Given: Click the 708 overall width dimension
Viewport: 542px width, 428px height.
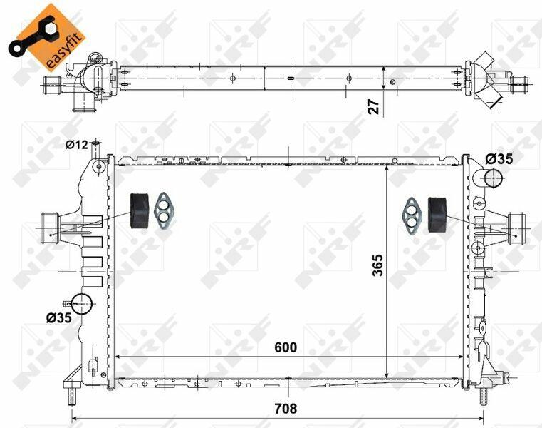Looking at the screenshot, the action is [x=286, y=409].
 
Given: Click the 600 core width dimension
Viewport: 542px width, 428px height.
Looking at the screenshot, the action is [x=286, y=347].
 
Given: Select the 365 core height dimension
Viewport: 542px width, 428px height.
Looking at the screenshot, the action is [x=378, y=265].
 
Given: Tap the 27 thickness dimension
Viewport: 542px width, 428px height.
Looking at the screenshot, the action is [x=374, y=106].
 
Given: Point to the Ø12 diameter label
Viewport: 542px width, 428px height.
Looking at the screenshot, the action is [x=77, y=144].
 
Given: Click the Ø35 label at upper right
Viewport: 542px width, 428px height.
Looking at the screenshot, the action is [x=499, y=159].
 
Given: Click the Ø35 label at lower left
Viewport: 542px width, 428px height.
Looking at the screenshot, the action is [x=59, y=317].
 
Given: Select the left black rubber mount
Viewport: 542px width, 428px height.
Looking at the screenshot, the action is [x=140, y=211].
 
